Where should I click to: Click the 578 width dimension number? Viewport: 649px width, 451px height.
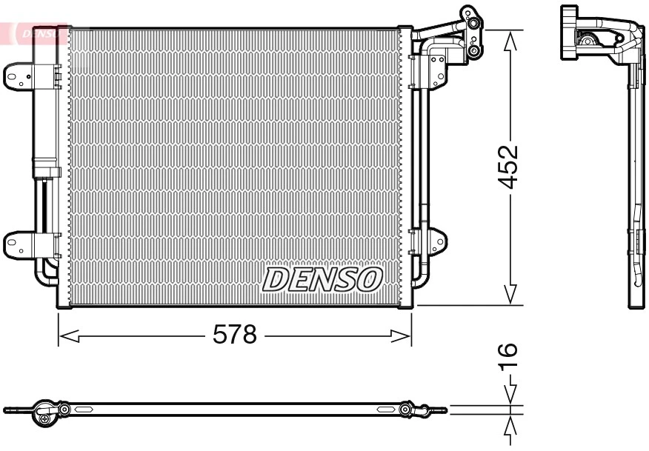pyautogui.click(x=234, y=335)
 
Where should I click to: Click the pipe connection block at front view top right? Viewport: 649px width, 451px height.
pyautogui.click(x=470, y=33)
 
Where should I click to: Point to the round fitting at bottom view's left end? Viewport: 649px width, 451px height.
pyautogui.click(x=45, y=416)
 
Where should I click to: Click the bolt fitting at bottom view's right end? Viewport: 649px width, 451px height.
pyautogui.click(x=406, y=409)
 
